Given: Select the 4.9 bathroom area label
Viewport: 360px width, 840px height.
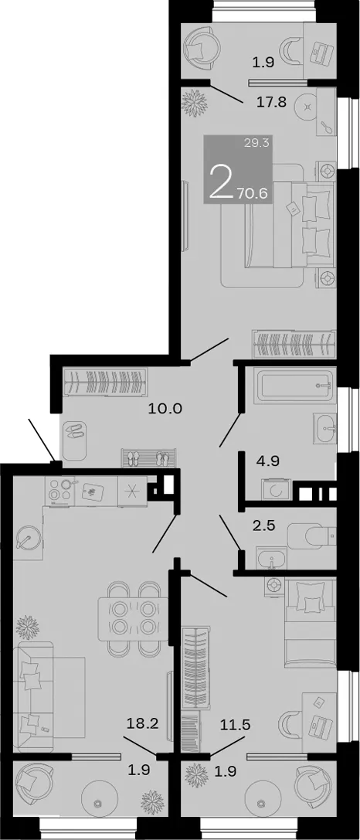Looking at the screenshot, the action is click(269, 461).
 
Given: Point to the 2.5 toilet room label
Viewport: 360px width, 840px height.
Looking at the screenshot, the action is click(263, 525).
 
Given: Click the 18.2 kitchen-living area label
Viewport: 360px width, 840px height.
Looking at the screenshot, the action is click(142, 725).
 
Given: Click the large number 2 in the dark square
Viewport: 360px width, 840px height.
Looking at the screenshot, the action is click(221, 182).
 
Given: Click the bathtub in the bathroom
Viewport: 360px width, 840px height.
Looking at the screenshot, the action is click(291, 386).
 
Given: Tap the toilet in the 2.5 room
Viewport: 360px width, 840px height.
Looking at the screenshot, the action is click(312, 536).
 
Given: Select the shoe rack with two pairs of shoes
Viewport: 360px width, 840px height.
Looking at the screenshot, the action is click(148, 458).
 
